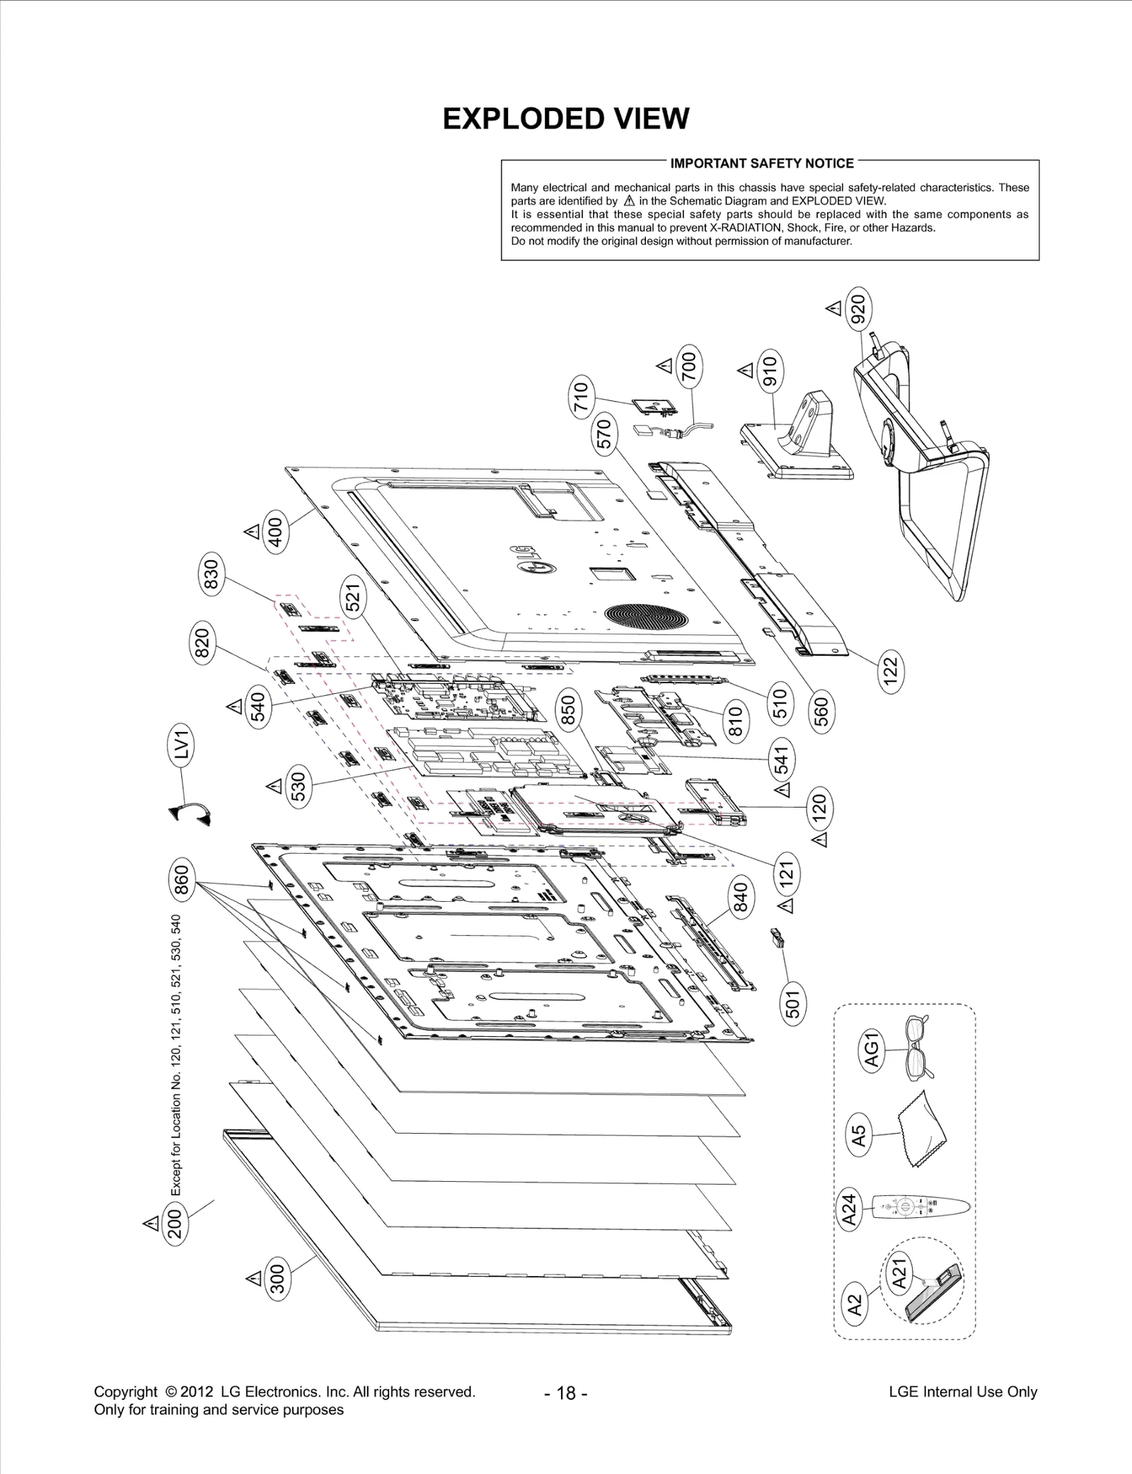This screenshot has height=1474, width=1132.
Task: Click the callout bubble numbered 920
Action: [x=857, y=309]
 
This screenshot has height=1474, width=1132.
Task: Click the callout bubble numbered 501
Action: [x=792, y=1002]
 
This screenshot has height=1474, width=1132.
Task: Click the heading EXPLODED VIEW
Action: [x=565, y=118]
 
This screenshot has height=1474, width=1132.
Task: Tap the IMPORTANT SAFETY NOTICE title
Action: [x=762, y=163]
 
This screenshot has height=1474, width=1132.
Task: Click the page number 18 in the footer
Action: [x=566, y=1393]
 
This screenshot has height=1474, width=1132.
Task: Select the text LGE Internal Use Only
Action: [x=962, y=1391]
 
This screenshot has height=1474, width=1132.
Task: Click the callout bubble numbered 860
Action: [x=181, y=881]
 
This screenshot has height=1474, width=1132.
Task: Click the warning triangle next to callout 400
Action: [x=251, y=531]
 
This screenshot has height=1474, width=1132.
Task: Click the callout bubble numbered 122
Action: [x=891, y=671]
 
